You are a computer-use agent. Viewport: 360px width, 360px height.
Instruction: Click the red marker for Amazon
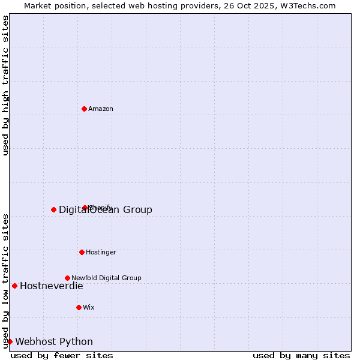click(x=84, y=109)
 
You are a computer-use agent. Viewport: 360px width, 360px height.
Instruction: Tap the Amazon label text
click(x=101, y=109)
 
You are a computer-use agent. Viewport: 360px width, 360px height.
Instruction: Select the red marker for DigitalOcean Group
click(x=53, y=209)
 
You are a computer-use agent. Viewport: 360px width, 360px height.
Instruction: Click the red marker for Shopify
click(x=85, y=208)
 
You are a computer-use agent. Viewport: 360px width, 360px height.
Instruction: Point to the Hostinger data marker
click(x=82, y=252)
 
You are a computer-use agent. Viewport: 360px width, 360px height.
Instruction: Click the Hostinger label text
click(x=101, y=252)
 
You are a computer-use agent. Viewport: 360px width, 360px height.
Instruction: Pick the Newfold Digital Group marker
click(x=67, y=278)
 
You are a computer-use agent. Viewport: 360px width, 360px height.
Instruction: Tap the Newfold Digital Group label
click(x=106, y=278)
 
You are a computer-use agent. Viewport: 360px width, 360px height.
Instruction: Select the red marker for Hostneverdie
click(x=14, y=286)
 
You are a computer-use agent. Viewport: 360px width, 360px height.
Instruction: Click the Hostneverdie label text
click(x=51, y=286)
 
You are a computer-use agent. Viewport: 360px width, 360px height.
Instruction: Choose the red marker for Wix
click(x=79, y=307)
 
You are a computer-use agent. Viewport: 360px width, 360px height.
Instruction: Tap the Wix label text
click(x=89, y=307)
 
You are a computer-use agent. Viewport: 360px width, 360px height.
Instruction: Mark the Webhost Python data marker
click(x=10, y=341)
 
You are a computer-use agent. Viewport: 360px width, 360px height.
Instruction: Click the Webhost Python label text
click(x=54, y=342)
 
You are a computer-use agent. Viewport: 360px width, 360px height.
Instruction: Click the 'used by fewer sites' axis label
click(x=62, y=355)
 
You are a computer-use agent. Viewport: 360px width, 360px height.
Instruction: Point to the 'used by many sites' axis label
click(x=301, y=355)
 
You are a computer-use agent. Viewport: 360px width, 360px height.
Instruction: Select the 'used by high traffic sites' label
click(x=5, y=85)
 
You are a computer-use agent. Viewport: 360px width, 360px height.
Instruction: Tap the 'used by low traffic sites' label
click(x=5, y=280)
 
